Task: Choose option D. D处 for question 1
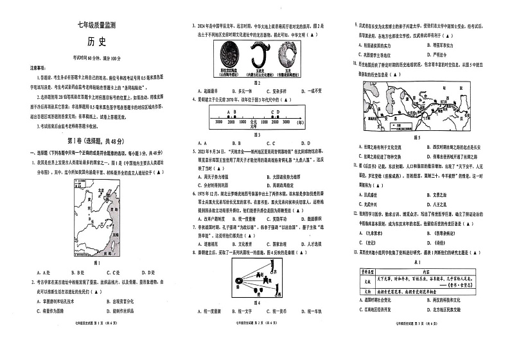(146, 272)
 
